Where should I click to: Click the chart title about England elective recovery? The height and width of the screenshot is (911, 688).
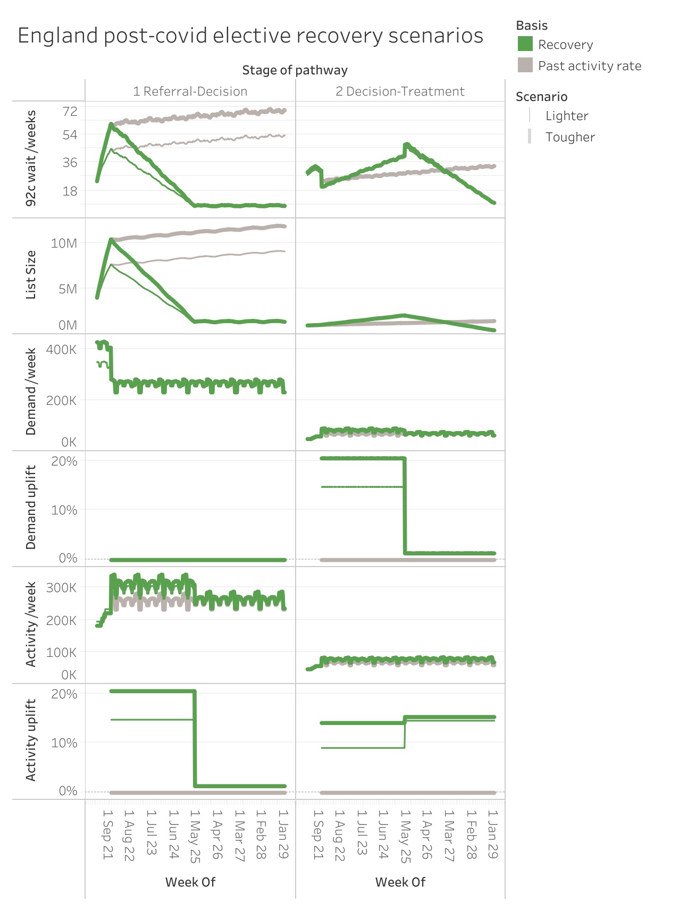pos(250,36)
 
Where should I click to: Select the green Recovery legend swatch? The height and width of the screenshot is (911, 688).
pos(525,44)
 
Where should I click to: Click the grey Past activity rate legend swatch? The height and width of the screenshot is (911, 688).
pos(525,65)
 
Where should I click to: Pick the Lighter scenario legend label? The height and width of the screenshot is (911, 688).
pos(566,116)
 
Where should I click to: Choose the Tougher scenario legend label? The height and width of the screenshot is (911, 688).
pos(570,137)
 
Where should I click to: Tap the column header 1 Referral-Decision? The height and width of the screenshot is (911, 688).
pos(190,91)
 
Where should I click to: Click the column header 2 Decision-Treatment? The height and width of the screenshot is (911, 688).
pos(400,91)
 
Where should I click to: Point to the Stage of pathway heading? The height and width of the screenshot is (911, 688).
pos(295,70)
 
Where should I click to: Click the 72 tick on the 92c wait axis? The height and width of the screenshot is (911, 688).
pos(70,111)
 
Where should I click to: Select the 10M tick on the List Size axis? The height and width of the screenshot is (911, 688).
pos(64,243)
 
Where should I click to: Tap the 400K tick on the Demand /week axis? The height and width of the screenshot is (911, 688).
pos(61,350)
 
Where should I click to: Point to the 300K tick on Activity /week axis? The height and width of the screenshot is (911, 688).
pos(61,588)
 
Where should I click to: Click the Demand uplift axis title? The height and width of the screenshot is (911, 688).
pos(31,508)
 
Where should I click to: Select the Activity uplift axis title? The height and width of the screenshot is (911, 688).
pos(31,740)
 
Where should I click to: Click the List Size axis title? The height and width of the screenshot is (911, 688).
pos(31,275)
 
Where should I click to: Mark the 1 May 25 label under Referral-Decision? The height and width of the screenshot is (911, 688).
pos(195,834)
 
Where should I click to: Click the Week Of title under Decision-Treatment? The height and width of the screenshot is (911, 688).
pos(400,882)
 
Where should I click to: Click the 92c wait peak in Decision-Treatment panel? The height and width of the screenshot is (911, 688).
pos(407,145)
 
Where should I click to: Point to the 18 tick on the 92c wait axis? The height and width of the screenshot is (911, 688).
pos(70,191)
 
